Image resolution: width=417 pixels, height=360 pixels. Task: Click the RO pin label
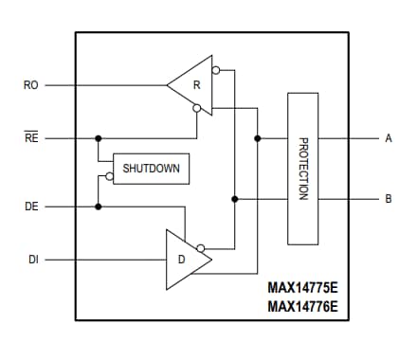tap(30, 85)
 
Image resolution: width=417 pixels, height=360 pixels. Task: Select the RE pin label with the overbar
tap(30, 138)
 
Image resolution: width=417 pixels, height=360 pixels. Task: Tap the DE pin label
tap(30, 206)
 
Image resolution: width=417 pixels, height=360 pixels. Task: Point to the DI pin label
tap(32, 259)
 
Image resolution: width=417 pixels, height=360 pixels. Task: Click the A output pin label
tap(388, 138)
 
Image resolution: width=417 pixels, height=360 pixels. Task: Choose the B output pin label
tap(388, 199)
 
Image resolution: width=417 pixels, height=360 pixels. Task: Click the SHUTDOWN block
tap(150, 169)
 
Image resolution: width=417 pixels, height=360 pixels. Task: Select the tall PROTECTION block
tap(303, 168)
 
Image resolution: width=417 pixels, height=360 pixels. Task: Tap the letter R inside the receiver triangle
tap(197, 84)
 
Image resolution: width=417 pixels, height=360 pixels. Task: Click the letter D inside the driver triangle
tap(182, 259)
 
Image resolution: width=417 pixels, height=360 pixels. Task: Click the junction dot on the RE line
tap(98, 138)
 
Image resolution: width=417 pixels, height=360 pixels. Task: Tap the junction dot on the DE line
tap(98, 206)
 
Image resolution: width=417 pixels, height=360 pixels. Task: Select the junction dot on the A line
tap(257, 138)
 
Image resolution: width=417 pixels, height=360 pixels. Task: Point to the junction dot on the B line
tap(234, 199)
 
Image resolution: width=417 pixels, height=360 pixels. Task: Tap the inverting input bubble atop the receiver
tap(216, 70)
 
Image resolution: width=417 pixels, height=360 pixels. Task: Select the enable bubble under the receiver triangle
tap(196, 109)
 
